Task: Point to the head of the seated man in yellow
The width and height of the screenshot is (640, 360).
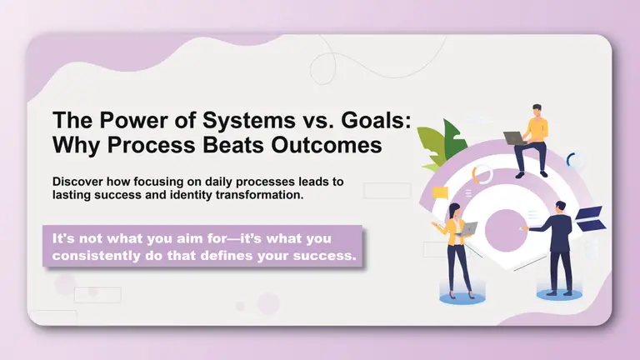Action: pos(537,110)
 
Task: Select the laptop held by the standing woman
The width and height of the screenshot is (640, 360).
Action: pos(469,227)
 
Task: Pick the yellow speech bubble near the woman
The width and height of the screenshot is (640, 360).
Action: pos(441,193)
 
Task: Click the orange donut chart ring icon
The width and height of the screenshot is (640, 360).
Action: pos(482,174)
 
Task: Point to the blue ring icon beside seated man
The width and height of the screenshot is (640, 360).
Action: pos(574,160)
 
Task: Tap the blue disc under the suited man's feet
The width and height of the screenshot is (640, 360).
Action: pos(560,294)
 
